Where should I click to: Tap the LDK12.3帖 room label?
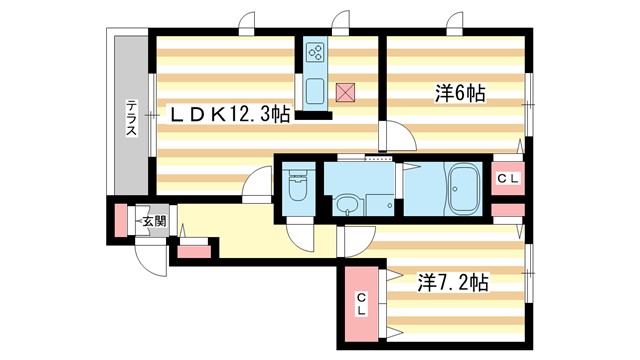[228, 116]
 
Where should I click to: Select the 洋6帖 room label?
[460, 94]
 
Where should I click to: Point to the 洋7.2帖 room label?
[452, 283]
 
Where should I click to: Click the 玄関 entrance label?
[152, 221]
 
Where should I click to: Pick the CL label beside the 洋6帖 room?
[508, 178]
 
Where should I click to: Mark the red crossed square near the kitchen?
[345, 92]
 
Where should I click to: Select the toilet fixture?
[298, 187]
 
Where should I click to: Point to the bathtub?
[464, 187]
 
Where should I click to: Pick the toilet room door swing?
[300, 234]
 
